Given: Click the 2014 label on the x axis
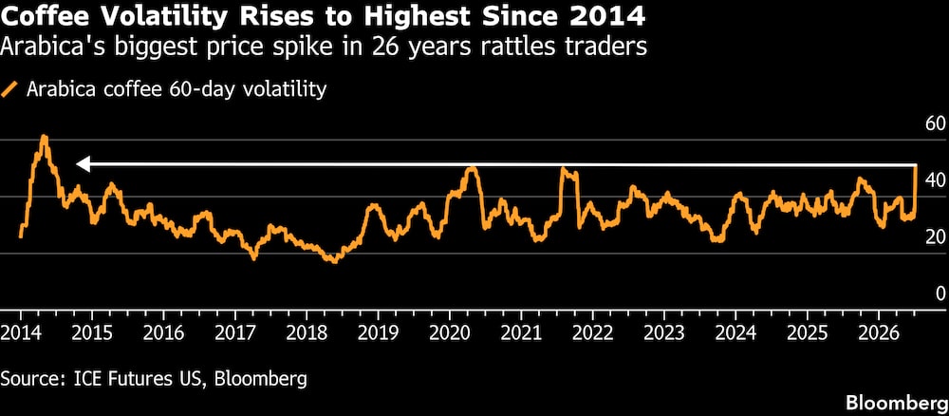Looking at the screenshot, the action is click(21, 332).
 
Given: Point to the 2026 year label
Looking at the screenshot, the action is click(878, 332).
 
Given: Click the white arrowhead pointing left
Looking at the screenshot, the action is click(83, 164).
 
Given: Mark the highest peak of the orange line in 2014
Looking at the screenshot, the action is click(44, 137).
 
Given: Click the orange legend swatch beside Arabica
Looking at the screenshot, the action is click(9, 90).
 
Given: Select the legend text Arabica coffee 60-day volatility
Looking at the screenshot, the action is click(177, 90).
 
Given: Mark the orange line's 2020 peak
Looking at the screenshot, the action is click(471, 168).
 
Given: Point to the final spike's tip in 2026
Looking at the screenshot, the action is click(915, 165).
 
